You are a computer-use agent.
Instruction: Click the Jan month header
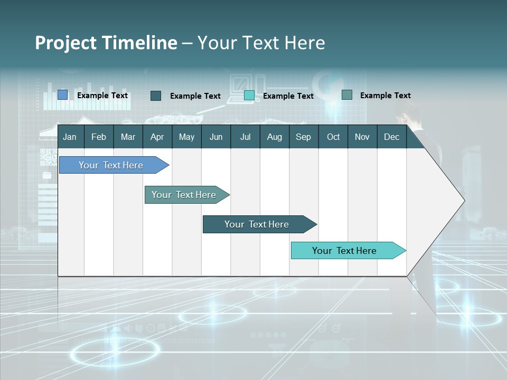point(70,137)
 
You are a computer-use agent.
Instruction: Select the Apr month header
point(157,137)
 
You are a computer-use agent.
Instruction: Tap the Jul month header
point(245,137)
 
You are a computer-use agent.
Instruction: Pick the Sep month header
point(303,137)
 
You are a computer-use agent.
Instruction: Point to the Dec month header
point(391,137)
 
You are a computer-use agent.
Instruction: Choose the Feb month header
point(99,137)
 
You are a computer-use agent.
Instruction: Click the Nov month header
point(362,137)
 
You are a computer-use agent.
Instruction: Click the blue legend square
point(63,95)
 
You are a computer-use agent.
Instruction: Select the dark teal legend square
point(156,96)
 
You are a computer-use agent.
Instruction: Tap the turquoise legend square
point(249,96)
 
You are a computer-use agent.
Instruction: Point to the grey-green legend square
point(347,95)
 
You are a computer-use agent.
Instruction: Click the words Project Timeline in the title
point(106,43)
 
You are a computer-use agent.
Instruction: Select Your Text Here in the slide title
point(261,43)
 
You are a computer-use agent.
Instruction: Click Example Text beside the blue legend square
point(102,96)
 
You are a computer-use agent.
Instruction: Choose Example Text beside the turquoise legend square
point(288,96)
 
